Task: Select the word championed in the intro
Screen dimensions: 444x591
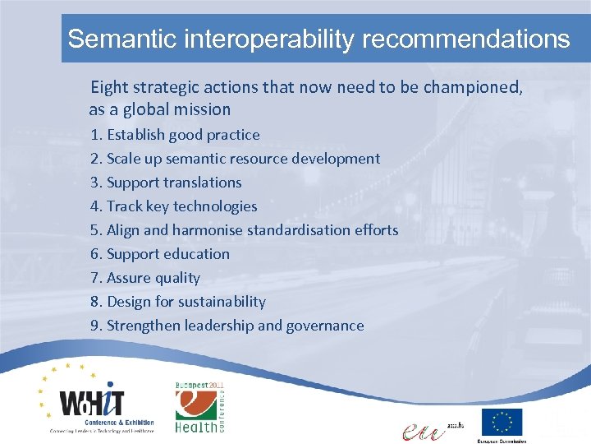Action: click(472, 87)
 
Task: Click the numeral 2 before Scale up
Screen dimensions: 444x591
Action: click(94, 159)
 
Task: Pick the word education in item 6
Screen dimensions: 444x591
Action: click(195, 254)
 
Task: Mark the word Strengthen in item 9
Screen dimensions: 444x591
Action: click(144, 326)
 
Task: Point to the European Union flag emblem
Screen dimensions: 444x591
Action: click(501, 422)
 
